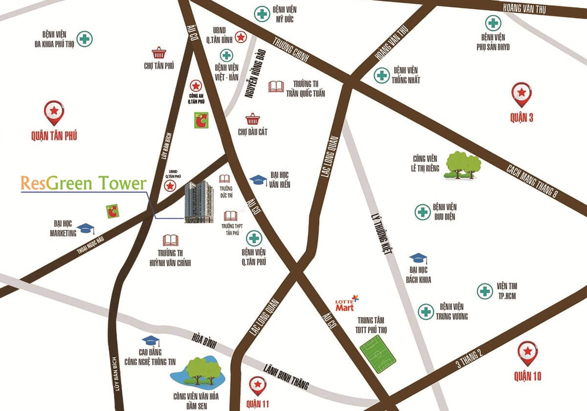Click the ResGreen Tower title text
84,183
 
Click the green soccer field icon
378,352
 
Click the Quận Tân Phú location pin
54,112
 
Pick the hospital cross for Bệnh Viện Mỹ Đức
262,14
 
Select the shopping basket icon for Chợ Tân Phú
158,52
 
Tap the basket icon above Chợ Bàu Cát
252,119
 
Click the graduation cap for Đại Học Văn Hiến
258,180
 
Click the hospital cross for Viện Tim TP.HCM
485,291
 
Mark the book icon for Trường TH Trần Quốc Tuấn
276,87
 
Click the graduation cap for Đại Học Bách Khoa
418,258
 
